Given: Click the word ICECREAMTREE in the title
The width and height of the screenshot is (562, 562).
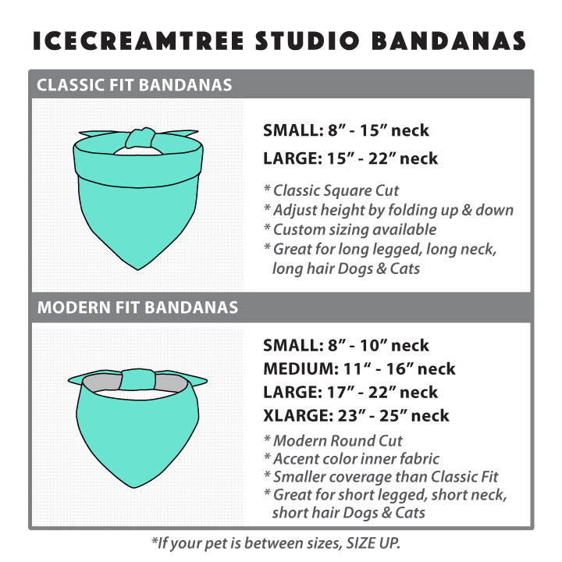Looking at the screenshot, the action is point(138,41).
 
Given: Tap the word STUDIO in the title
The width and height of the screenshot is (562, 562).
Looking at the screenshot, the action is point(308,41).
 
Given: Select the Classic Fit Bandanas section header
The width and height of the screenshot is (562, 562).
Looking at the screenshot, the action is point(134,85).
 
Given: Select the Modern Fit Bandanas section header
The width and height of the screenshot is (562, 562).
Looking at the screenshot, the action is point(137,308).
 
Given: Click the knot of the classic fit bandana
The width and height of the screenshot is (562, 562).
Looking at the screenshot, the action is point(140,138).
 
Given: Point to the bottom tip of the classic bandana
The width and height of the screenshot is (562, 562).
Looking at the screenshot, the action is point(137,269).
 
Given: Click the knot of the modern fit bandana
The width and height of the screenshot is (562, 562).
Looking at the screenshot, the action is point(137,379).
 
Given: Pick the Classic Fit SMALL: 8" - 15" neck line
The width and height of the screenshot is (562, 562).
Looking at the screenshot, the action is point(346,130).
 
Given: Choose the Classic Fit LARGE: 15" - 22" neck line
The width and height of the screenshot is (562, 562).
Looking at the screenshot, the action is point(350,158).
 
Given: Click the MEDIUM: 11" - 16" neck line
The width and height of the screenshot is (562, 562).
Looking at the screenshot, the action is point(359,368).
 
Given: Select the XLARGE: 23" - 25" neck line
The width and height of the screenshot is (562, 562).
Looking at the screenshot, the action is point(356,416).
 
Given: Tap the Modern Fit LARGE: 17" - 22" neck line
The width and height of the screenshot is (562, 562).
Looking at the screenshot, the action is point(350,392).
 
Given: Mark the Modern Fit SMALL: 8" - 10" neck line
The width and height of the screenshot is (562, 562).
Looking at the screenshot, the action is point(346,346).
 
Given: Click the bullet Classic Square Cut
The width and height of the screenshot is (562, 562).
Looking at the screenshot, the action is point(331,190).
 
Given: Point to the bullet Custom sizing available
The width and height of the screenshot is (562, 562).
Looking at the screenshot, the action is point(350,229).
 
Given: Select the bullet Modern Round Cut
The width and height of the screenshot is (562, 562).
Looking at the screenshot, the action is point(333,440).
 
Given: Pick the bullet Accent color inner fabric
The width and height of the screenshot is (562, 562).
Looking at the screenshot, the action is point(351,458).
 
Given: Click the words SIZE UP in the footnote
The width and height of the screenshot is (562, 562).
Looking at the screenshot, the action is point(373,543).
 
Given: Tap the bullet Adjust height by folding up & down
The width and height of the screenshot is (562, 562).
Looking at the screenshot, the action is point(389,210).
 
